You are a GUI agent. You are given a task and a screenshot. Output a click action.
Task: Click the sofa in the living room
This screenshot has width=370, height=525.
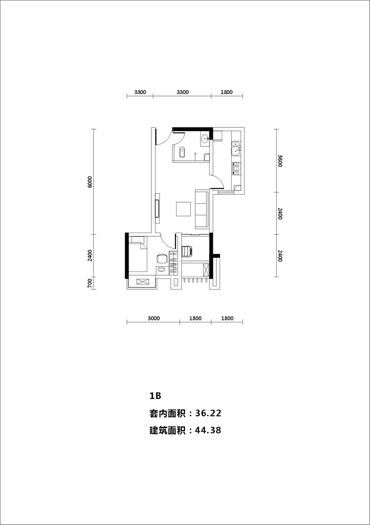tap(202, 209)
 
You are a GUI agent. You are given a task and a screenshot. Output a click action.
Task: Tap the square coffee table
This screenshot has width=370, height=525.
tap(183, 209)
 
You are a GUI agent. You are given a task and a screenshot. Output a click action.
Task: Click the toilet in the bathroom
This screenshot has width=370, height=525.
tap(182, 152)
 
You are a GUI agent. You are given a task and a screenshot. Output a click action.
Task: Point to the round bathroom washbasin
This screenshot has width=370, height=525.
tap(205, 138)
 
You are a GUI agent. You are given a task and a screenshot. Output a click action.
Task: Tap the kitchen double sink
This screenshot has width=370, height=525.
tap(236, 148)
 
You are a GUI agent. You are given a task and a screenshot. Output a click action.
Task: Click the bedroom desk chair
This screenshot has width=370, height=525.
tap(162, 258)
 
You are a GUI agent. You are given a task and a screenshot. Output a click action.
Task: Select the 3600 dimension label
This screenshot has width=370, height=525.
tap(280, 161)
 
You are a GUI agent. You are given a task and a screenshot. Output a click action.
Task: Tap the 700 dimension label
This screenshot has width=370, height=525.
tap(90, 283)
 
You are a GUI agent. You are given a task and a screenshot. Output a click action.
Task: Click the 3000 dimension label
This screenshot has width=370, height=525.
tap(154, 319)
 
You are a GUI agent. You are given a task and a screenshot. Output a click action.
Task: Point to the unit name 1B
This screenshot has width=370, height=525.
tap(156, 396)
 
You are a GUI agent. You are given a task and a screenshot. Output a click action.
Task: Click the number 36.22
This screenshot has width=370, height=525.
tap(208, 413)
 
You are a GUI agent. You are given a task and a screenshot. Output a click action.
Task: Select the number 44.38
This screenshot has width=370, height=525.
tap(208, 430)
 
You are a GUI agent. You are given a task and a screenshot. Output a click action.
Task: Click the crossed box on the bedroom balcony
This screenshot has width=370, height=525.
tap(142, 281)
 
